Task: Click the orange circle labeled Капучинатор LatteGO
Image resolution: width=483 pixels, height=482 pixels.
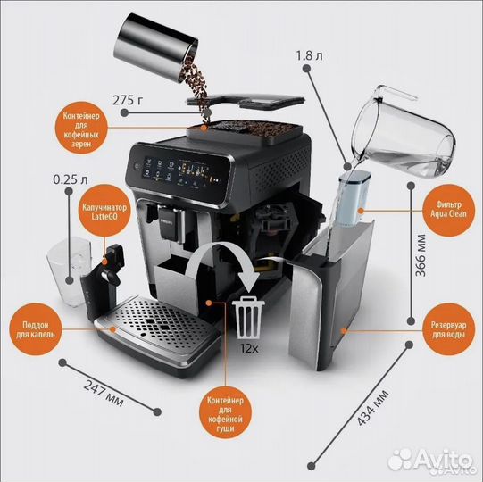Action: tap(104, 211)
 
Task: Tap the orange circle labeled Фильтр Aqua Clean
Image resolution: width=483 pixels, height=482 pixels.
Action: tap(448, 210)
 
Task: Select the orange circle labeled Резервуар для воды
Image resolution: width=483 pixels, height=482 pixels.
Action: tap(448, 329)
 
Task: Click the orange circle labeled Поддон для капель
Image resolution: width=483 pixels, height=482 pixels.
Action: tap(36, 329)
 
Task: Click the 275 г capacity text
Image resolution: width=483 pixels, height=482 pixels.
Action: tap(128, 100)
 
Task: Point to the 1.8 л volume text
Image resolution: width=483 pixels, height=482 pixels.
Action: tap(309, 55)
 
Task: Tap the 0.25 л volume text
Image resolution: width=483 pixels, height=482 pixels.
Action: tap(71, 179)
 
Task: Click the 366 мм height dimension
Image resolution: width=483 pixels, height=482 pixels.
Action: tap(421, 255)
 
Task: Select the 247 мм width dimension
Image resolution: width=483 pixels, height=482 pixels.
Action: tap(104, 394)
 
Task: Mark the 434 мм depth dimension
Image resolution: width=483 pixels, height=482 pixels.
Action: tap(372, 408)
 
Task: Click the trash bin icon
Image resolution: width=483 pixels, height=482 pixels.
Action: tap(248, 317)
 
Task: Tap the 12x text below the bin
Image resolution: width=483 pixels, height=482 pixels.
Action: tap(250, 348)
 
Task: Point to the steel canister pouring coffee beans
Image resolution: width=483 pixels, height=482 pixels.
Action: tap(156, 46)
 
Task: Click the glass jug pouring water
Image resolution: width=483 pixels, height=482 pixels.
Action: tap(404, 132)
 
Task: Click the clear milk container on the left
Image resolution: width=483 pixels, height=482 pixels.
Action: tap(70, 271)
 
